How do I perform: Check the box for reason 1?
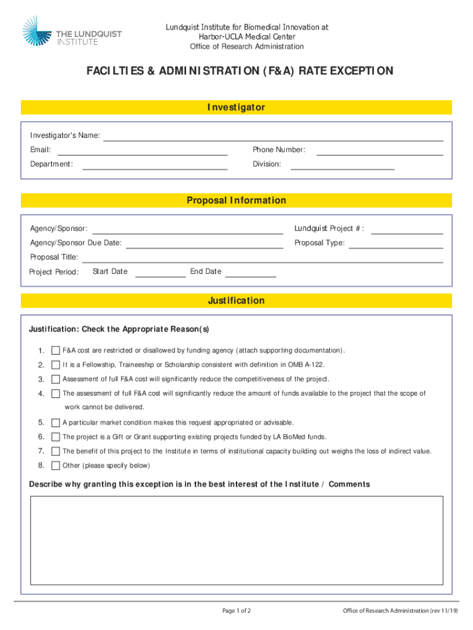click(56, 351)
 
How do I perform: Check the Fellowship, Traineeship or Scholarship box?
click(56, 365)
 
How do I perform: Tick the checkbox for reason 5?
click(56, 423)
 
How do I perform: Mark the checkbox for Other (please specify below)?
click(56, 466)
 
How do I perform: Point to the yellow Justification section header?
click(237, 301)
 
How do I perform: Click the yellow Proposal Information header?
click(237, 201)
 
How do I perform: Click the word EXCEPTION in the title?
click(361, 71)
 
